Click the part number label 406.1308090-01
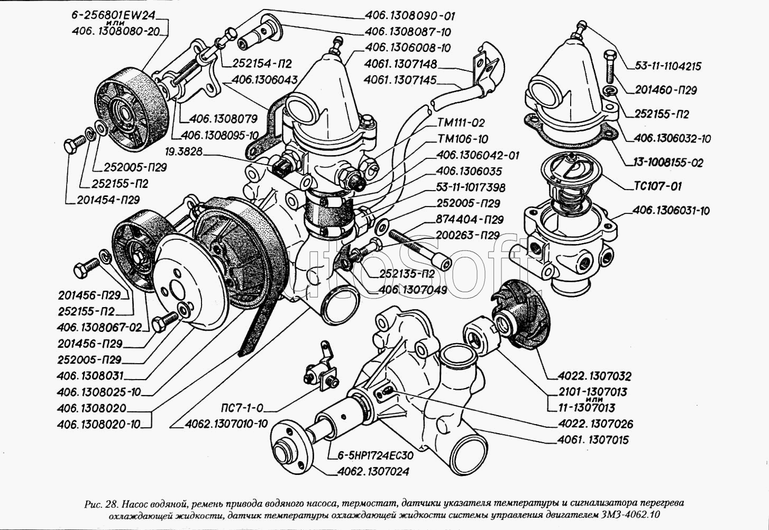[x=409, y=16]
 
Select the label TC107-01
[x=657, y=186]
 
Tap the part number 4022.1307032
[x=594, y=376]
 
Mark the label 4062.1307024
[x=373, y=471]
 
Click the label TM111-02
[x=461, y=123]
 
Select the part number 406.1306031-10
[x=671, y=211]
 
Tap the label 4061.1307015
[x=593, y=439]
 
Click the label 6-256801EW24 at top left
[x=117, y=16]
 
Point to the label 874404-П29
[x=470, y=219]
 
